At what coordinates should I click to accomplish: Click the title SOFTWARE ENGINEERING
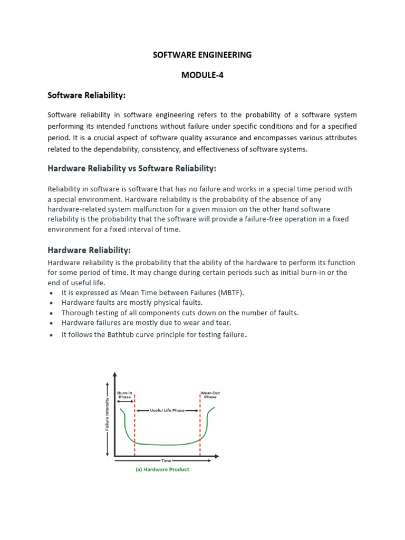tap(202, 55)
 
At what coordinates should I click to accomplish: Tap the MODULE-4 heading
tap(202, 75)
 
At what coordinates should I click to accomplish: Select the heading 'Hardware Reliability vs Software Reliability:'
tap(132, 168)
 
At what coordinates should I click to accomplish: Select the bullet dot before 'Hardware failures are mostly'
tap(51, 323)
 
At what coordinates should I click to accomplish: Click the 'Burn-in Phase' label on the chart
tap(124, 395)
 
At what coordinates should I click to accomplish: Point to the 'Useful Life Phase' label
tap(168, 410)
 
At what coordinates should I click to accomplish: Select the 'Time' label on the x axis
tap(166, 460)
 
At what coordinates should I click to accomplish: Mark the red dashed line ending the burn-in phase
tap(134, 427)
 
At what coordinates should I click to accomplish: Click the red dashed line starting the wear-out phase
tap(200, 427)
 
